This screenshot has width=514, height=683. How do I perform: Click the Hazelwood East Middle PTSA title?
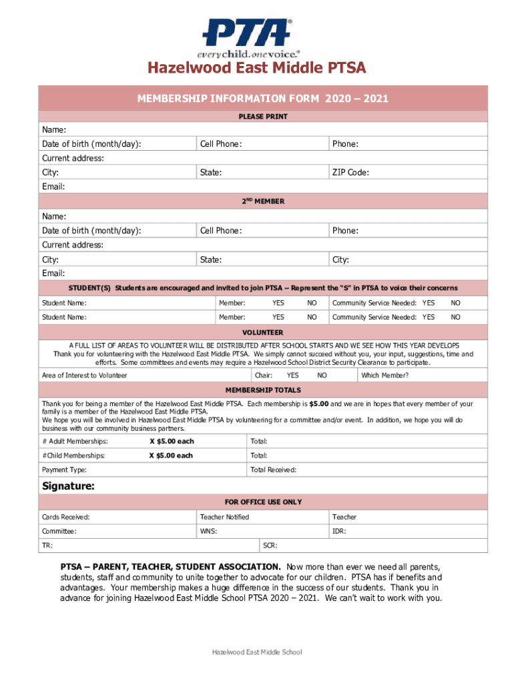coord(257,69)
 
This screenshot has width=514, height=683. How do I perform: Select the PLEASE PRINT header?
coord(263,117)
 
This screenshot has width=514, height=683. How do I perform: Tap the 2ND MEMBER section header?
coord(262,201)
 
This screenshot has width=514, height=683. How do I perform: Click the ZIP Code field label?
coord(350,173)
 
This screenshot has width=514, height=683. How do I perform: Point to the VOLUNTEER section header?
coord(262,332)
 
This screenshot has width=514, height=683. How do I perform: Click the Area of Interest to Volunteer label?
coord(85,376)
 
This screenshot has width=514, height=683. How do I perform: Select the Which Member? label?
coord(384,376)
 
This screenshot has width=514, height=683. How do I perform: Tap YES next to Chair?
coord(292,376)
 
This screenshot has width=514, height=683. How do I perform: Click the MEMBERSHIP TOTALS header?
coord(262,390)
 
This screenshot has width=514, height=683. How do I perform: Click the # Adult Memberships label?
coord(75,442)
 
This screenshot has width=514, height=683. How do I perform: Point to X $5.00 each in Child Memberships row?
coord(171,456)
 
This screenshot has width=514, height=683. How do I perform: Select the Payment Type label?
coord(64,470)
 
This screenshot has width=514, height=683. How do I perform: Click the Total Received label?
coord(273,470)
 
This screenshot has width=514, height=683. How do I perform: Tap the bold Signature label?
coord(69,486)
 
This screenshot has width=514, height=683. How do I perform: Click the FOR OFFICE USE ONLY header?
coord(263,502)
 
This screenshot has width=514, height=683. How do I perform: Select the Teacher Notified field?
coord(224,517)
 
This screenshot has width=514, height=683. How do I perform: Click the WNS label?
coord(208,532)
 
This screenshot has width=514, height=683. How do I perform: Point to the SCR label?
coord(270,546)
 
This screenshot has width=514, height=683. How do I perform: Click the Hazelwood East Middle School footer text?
coord(257,652)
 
